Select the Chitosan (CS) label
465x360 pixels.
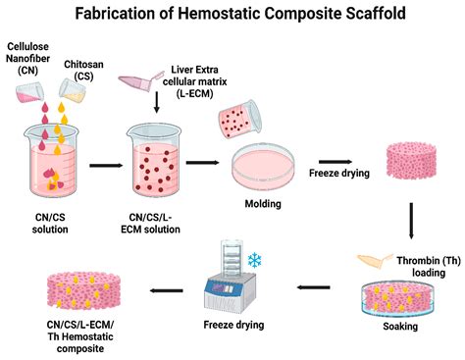pyautogui.click(x=85, y=69)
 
